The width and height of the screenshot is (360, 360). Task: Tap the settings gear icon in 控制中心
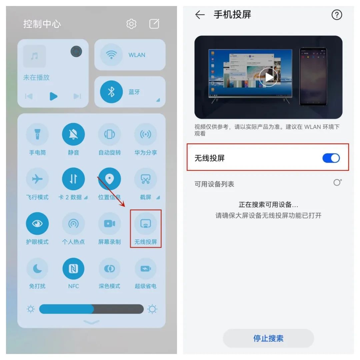[x=131, y=24]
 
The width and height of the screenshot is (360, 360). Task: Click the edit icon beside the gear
[x=154, y=24]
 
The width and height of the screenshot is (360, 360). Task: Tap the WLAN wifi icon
[x=111, y=55]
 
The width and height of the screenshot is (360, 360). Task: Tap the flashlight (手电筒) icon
[x=37, y=134]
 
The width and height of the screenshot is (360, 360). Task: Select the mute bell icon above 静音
[x=73, y=134]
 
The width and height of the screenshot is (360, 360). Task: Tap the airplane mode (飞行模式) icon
[x=37, y=179]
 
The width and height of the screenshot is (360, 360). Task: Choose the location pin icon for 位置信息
[x=109, y=179]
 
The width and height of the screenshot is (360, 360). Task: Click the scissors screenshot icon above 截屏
[x=146, y=179]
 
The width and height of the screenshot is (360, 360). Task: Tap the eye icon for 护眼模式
[x=37, y=224]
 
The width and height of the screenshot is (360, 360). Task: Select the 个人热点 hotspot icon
[x=73, y=224]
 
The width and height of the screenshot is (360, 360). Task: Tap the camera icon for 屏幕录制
[x=109, y=224]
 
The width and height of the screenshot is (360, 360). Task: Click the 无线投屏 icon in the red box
[x=146, y=224]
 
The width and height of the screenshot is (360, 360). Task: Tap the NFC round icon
[x=73, y=269]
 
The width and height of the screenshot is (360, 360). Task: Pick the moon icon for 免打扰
[x=37, y=269]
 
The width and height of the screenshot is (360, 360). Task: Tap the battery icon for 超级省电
[x=146, y=269]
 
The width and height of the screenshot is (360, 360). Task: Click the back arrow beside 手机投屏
[x=200, y=15]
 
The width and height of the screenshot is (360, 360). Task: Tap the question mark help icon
[x=337, y=15]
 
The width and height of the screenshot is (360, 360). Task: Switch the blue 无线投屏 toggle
[x=331, y=158]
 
